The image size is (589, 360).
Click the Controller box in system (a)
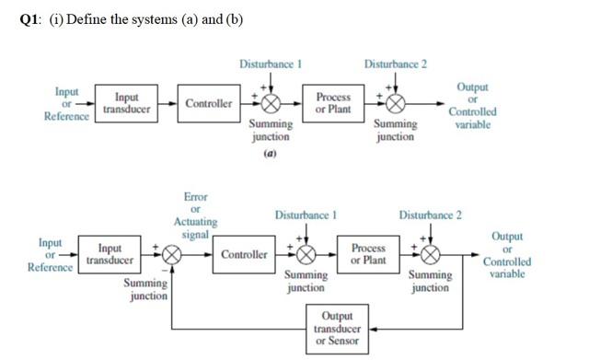(209, 104)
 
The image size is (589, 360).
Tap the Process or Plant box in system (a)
(333, 103)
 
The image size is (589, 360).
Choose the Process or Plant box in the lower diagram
(369, 254)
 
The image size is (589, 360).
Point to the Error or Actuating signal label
(195, 216)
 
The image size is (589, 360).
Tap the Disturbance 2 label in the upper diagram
(395, 65)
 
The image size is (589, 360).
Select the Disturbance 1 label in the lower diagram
(306, 215)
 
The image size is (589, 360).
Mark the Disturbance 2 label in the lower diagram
(430, 215)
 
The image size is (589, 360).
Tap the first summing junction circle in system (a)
(271, 104)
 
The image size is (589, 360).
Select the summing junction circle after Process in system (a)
(396, 104)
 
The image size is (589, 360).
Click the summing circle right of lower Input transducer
(171, 255)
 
